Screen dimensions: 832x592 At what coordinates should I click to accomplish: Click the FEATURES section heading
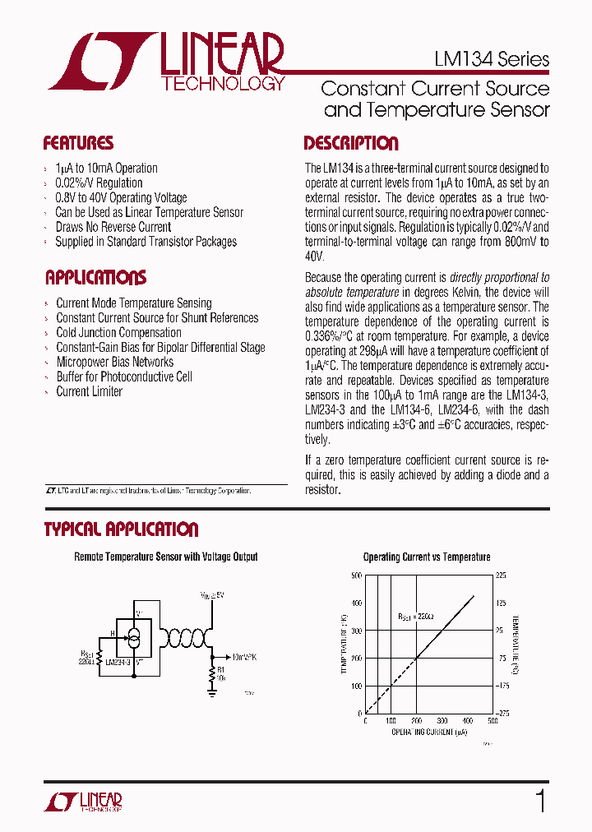click(78, 143)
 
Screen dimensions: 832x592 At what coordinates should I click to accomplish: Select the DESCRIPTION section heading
click(351, 143)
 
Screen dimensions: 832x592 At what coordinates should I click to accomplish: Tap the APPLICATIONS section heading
click(95, 277)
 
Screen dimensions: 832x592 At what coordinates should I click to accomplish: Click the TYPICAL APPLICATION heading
click(121, 529)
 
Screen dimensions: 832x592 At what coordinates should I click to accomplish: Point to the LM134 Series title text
click(491, 59)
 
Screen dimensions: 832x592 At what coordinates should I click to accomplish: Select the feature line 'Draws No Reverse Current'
click(113, 227)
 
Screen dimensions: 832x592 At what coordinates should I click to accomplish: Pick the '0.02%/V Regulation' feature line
click(99, 183)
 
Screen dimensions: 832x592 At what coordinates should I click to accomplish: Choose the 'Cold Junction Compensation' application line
click(118, 333)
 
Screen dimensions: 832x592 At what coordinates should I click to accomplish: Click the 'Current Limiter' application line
click(89, 391)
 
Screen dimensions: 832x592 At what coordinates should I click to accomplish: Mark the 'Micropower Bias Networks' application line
click(114, 362)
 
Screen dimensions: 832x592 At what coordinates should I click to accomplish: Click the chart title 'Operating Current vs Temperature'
click(427, 557)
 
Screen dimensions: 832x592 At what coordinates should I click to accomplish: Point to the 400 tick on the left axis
click(356, 603)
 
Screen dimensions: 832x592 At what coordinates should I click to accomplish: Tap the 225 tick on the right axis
click(500, 575)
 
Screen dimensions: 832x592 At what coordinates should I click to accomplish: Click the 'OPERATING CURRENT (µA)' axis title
click(427, 731)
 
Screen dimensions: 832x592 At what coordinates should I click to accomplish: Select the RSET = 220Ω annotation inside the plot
click(415, 615)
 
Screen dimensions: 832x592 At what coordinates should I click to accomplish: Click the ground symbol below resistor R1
click(212, 692)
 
